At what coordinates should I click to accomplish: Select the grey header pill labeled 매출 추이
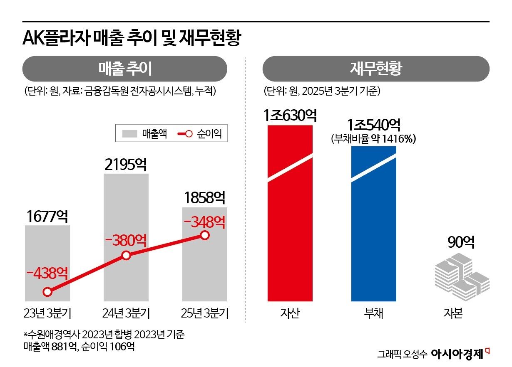tap(124, 69)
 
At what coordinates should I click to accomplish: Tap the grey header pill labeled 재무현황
tap(375, 69)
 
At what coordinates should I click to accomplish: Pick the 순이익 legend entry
tap(201, 133)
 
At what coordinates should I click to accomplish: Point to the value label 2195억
tap(126, 165)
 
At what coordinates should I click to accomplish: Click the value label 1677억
tap(47, 217)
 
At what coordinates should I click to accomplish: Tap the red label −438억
tap(47, 273)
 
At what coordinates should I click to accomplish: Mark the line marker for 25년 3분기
tap(204, 235)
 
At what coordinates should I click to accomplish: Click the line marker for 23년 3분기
tap(47, 292)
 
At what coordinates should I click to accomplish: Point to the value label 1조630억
tap(290, 116)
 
